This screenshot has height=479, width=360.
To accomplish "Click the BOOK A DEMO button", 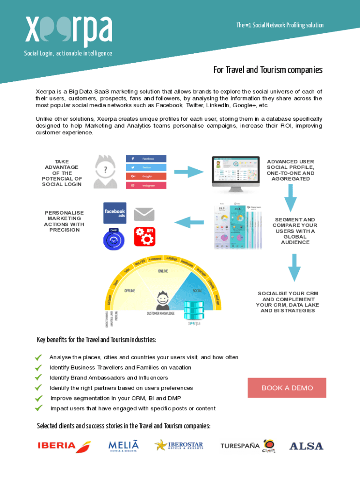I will (x=287, y=388).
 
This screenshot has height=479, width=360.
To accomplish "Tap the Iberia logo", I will (x=64, y=445).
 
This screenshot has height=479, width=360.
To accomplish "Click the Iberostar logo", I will (x=179, y=445).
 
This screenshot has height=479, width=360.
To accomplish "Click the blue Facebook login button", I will (x=146, y=159).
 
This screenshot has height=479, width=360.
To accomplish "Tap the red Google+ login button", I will (x=146, y=176).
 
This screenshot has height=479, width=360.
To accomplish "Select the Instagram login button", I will (x=146, y=185).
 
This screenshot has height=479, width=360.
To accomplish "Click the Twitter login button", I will (x=146, y=167).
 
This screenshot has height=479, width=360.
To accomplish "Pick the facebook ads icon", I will (x=115, y=213).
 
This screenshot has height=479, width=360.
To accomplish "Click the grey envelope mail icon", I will (x=144, y=214).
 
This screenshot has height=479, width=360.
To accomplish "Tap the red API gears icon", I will (x=144, y=237).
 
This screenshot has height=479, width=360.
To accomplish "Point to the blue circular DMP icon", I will (x=114, y=239).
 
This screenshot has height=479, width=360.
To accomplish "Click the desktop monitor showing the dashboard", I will (x=236, y=173).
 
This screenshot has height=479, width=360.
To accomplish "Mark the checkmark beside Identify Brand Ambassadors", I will (x=39, y=377).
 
